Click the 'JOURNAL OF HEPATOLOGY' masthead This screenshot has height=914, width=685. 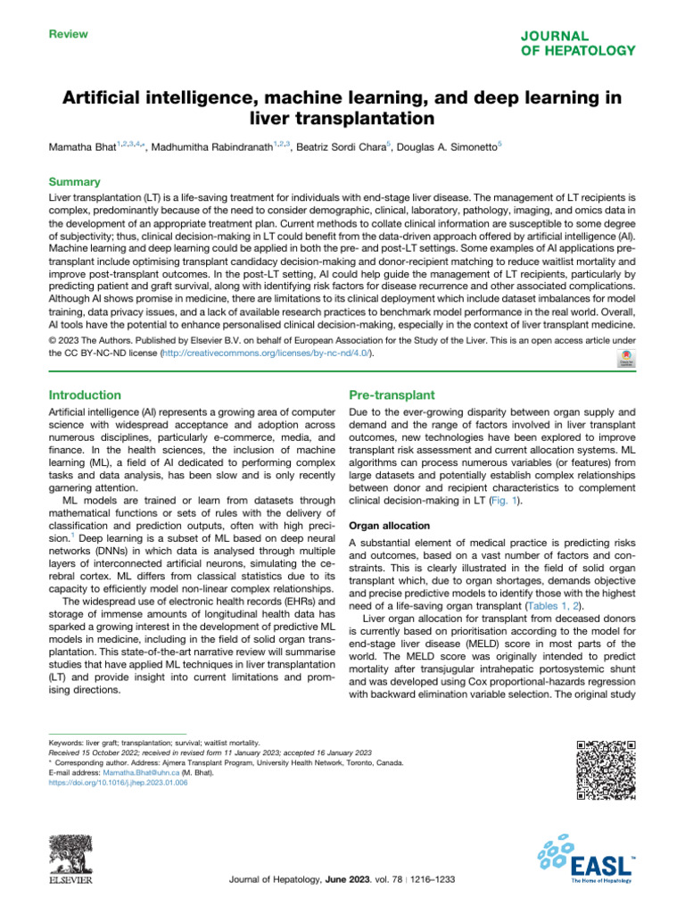(580, 44)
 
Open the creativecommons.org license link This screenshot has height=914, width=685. (264, 353)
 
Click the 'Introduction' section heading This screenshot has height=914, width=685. (86, 395)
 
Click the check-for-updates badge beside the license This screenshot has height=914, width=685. (625, 355)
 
